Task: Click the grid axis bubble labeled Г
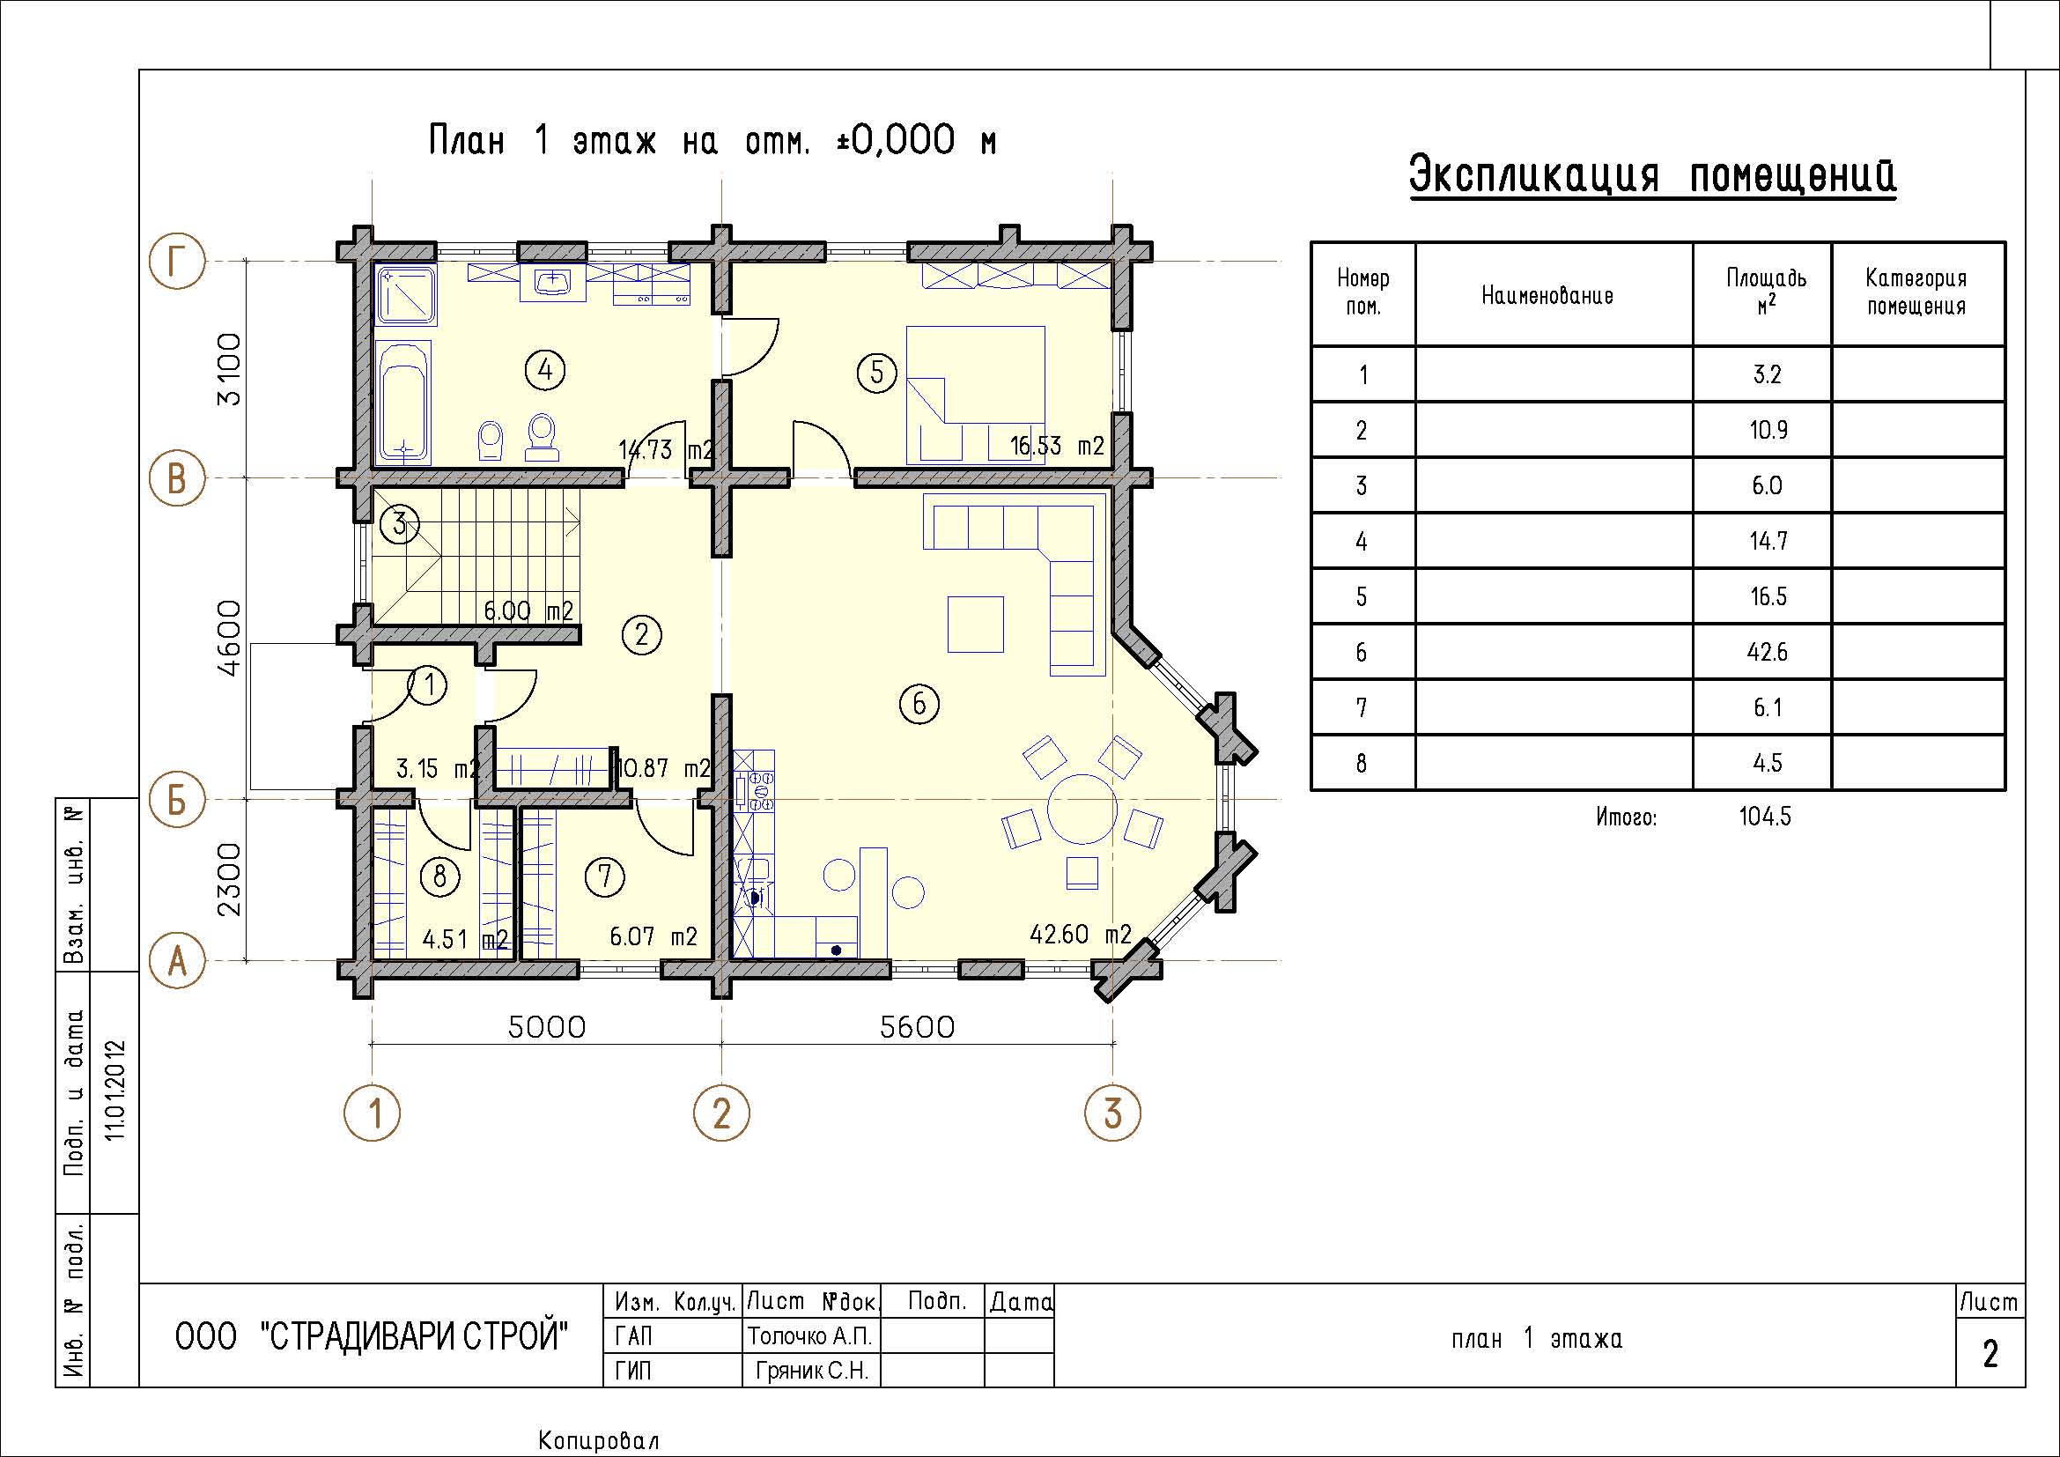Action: coord(178,261)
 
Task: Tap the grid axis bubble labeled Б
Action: coord(178,798)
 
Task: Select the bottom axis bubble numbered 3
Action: coord(1112,1113)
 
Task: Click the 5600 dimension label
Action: coord(917,1027)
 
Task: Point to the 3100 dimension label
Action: coord(230,369)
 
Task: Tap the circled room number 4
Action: coord(545,369)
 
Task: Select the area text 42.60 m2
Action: coord(1081,934)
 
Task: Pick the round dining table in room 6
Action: coord(1082,809)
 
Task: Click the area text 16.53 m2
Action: coord(1057,446)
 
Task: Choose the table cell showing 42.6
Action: coord(1767,652)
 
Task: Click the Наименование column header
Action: coord(1547,295)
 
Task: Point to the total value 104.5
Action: coord(1765,817)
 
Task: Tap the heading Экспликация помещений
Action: coord(1652,176)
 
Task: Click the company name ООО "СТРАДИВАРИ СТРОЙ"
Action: coord(372,1337)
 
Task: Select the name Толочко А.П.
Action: coord(810,1336)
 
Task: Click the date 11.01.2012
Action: coord(115,1090)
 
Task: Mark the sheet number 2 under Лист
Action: coord(1990,1354)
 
